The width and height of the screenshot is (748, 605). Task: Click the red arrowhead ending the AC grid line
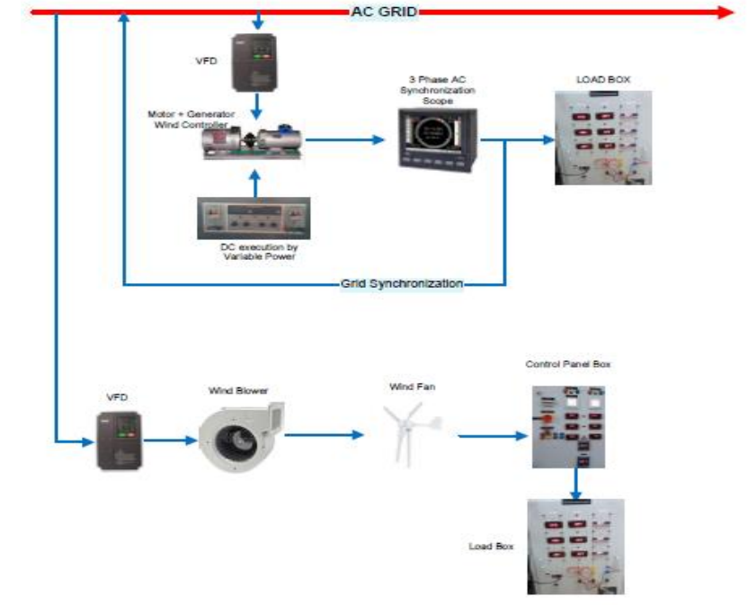click(726, 12)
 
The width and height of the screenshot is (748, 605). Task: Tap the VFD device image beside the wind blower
click(120, 440)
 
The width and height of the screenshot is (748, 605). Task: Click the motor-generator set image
click(252, 143)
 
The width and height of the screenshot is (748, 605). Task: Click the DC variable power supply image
click(253, 218)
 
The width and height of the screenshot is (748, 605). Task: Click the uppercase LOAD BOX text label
click(602, 79)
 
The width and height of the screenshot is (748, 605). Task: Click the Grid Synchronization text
click(402, 284)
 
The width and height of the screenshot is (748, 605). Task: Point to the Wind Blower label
click(238, 391)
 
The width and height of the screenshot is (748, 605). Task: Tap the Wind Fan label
click(405, 387)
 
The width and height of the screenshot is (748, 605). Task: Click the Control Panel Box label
click(568, 364)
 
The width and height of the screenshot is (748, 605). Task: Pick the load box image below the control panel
click(575, 546)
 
